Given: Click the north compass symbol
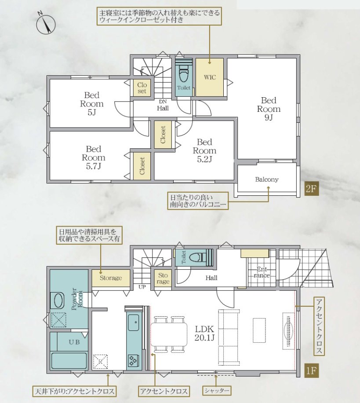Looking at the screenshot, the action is pos(45,24).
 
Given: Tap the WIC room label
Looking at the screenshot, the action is pos(210,77).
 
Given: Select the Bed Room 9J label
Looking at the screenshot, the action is pos(269,109).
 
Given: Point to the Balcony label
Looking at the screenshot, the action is pos(267,180).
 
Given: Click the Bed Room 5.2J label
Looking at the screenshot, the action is pos(204,150).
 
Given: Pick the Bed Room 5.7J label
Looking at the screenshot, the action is pos(94,158).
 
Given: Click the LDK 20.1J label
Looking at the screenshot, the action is pos(204,333).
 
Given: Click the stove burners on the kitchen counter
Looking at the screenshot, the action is pos(133,360).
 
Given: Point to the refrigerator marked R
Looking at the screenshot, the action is pos(100,362).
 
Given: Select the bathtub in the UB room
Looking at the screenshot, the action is pos(69,361).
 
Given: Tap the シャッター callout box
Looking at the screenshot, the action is pos(216,390).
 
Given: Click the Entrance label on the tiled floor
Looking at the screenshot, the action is pos(262,272).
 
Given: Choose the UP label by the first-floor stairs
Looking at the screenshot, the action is pos(142,287).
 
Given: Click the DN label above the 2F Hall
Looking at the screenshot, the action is pos(163,102).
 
